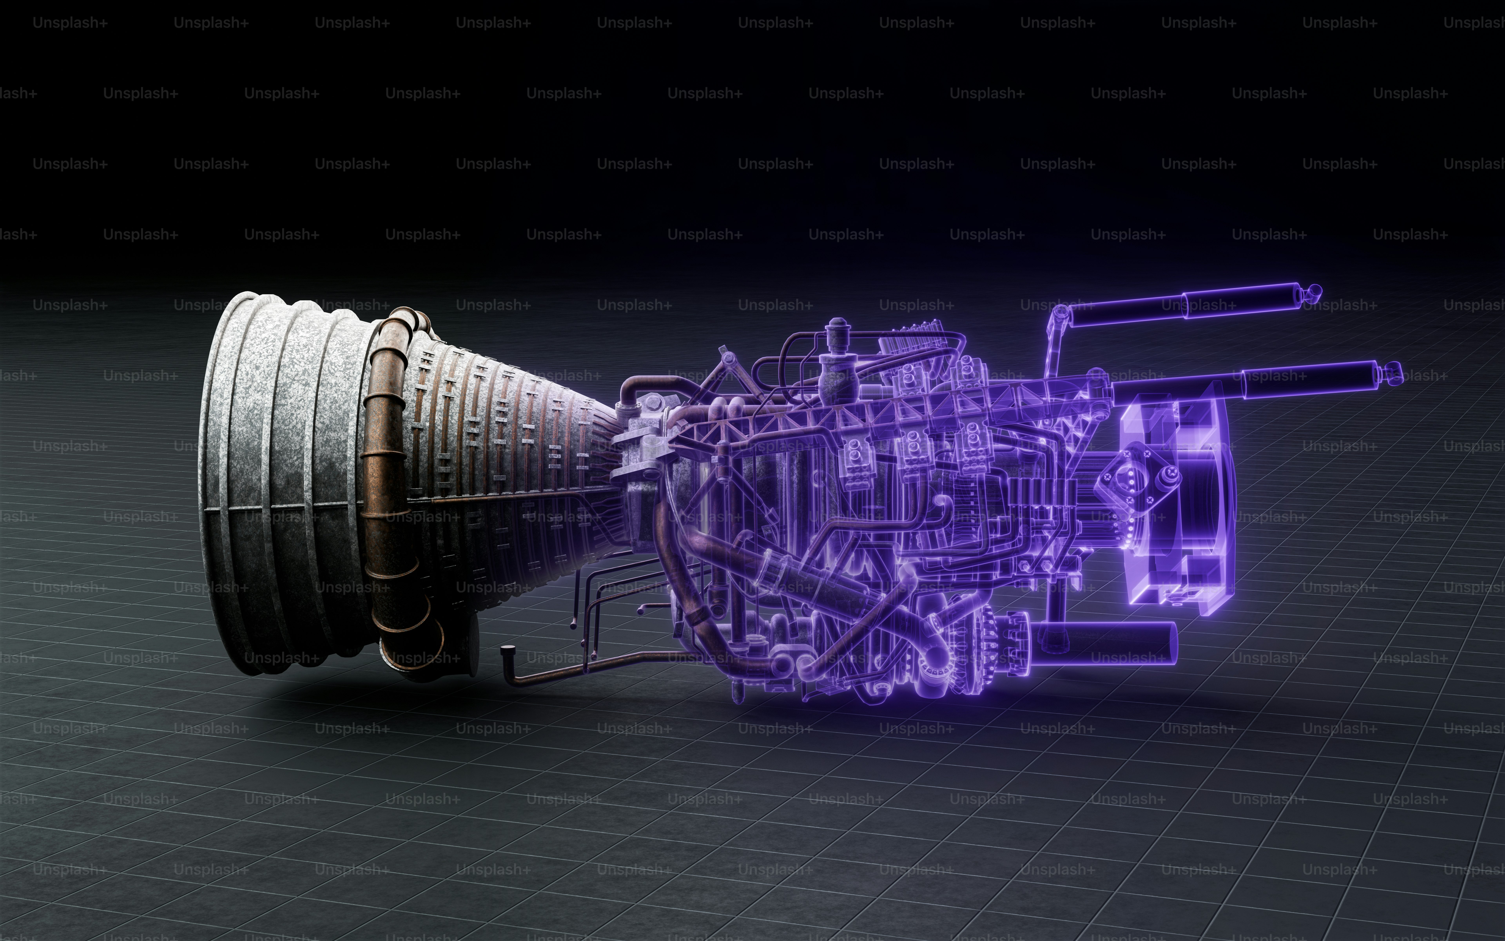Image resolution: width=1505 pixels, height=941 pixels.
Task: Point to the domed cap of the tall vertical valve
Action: pos(838,324)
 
